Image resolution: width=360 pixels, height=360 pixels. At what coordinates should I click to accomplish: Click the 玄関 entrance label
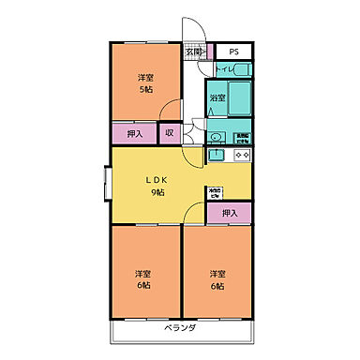pos(192,52)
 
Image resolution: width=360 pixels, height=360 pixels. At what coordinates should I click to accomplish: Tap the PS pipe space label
pos(232,52)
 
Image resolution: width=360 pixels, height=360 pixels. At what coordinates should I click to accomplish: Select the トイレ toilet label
pos(223,69)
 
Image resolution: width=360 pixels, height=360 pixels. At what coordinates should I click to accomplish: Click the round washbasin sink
pos(216,137)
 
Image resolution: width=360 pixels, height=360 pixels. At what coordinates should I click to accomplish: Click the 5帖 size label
pos(146,89)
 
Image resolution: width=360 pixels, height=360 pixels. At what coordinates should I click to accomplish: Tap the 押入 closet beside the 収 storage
pos(135,133)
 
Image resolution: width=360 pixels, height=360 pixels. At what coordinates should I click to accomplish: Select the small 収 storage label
pos(169,133)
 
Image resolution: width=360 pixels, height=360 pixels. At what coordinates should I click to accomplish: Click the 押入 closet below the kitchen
pos(230,214)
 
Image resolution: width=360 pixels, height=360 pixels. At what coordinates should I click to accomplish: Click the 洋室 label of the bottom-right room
pos(217,273)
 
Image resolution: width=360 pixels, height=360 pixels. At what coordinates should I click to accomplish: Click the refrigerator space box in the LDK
pos(215,193)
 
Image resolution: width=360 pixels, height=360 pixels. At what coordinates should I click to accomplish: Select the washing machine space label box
pos(242,137)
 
